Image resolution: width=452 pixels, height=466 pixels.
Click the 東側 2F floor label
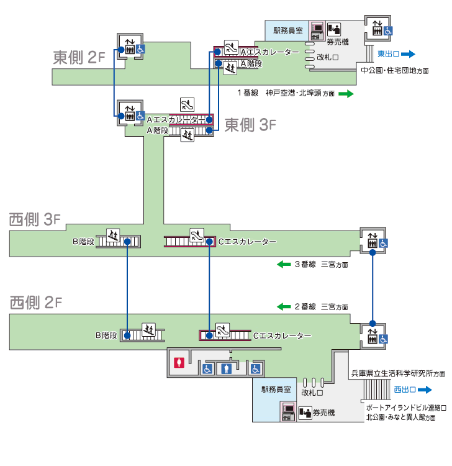click(x=75, y=58)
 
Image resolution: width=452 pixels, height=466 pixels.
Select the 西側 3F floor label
click(x=35, y=219)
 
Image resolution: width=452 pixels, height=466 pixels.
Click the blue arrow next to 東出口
click(x=407, y=54)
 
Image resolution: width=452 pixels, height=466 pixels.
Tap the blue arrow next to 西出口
click(x=424, y=390)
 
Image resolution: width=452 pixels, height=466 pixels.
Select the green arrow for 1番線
click(x=346, y=94)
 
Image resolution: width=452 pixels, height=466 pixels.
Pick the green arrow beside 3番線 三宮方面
click(x=284, y=265)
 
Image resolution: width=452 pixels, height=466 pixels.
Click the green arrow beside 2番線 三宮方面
click(x=284, y=306)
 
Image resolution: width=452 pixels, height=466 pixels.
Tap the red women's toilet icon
click(x=179, y=363)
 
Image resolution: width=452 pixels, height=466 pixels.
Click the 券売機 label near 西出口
click(x=323, y=413)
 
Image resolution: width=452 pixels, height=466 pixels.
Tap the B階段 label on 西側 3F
click(x=83, y=241)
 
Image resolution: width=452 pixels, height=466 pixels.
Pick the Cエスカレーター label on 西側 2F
click(x=282, y=336)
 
